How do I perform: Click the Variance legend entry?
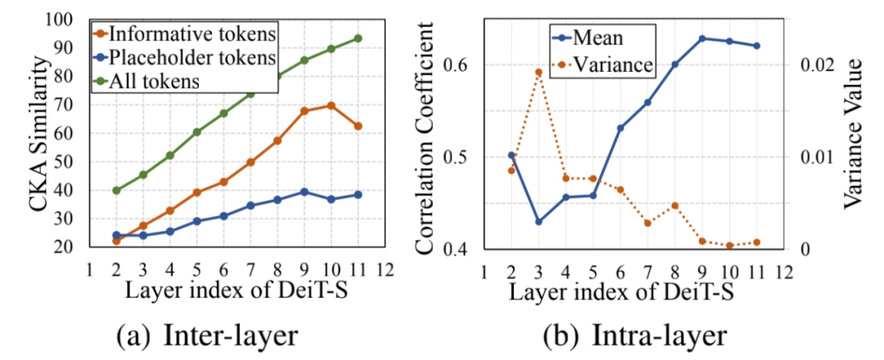pyautogui.click(x=615, y=62)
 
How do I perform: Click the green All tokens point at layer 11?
pyautogui.click(x=358, y=38)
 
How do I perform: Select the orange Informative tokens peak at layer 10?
pyautogui.click(x=331, y=106)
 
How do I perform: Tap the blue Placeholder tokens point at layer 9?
pyautogui.click(x=304, y=191)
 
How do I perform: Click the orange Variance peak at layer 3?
pyautogui.click(x=539, y=72)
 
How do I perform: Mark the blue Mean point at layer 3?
pyautogui.click(x=539, y=222)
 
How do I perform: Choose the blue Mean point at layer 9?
pyautogui.click(x=702, y=38)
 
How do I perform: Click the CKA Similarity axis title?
pyautogui.click(x=41, y=135)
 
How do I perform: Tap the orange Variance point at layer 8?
pyautogui.click(x=675, y=205)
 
